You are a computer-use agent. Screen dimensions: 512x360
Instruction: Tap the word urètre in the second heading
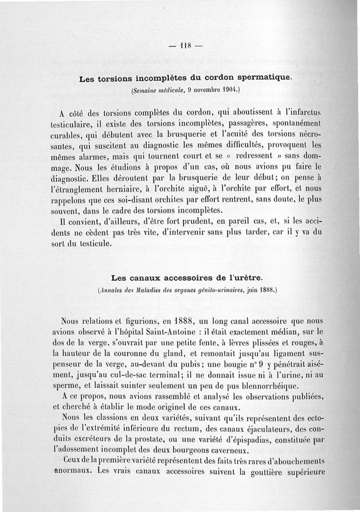tap(251, 276)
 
